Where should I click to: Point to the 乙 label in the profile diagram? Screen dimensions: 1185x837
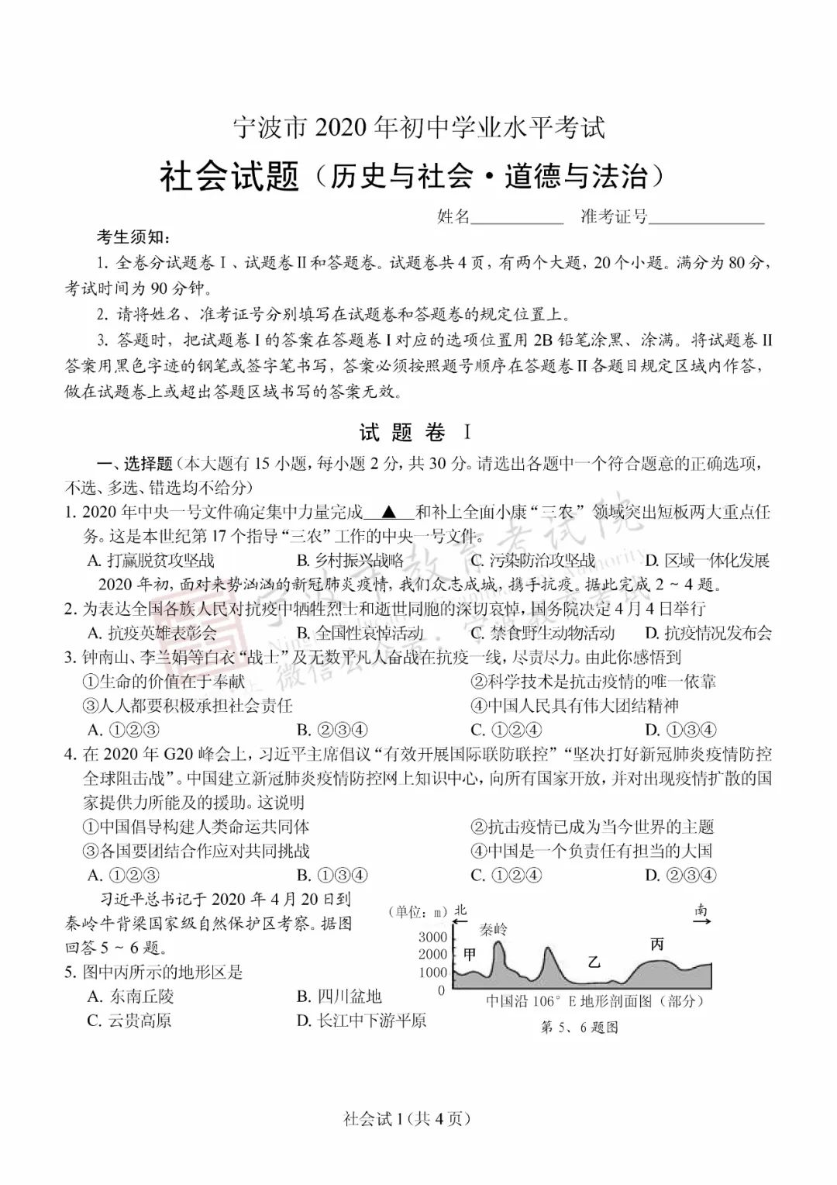point(594,962)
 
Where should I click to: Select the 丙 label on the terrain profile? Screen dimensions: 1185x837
point(657,944)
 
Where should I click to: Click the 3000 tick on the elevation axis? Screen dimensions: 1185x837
point(432,937)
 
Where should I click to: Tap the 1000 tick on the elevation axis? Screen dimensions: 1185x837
point(432,973)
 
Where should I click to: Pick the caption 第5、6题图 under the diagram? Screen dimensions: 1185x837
point(579,1028)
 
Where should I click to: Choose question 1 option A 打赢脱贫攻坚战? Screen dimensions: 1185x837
point(151,560)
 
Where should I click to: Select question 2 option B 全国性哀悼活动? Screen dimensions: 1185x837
point(360,633)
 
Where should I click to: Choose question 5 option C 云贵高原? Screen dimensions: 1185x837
point(129,1021)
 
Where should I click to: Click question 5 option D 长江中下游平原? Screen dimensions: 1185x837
point(361,1021)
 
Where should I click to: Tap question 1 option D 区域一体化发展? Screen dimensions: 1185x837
point(708,560)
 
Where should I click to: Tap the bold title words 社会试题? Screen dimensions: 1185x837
point(229,176)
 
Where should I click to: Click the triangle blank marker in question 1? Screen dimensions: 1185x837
point(388,513)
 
